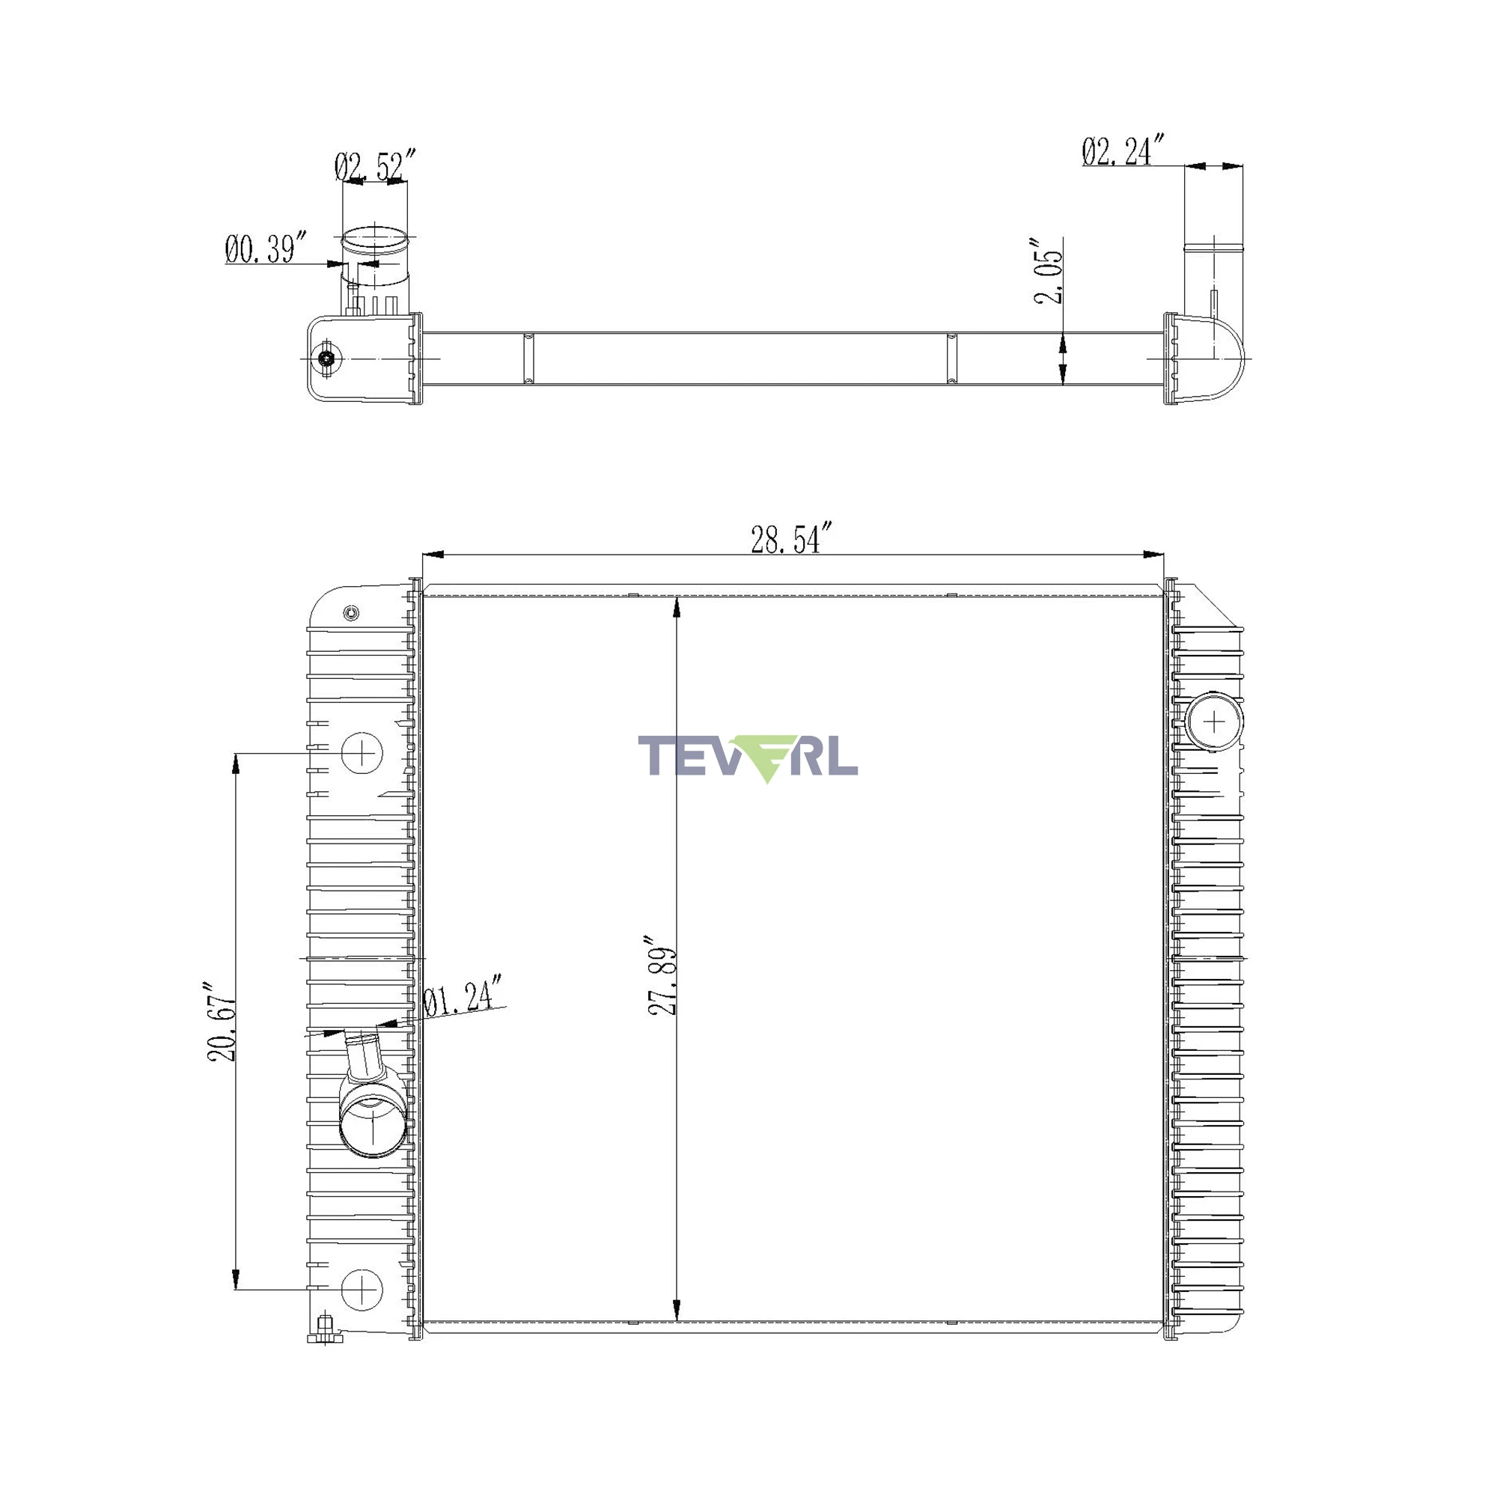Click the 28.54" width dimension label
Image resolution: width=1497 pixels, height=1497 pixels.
click(791, 539)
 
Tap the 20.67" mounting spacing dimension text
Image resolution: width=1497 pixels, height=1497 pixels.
click(222, 1022)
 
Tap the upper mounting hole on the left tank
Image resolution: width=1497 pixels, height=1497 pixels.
click(362, 751)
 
